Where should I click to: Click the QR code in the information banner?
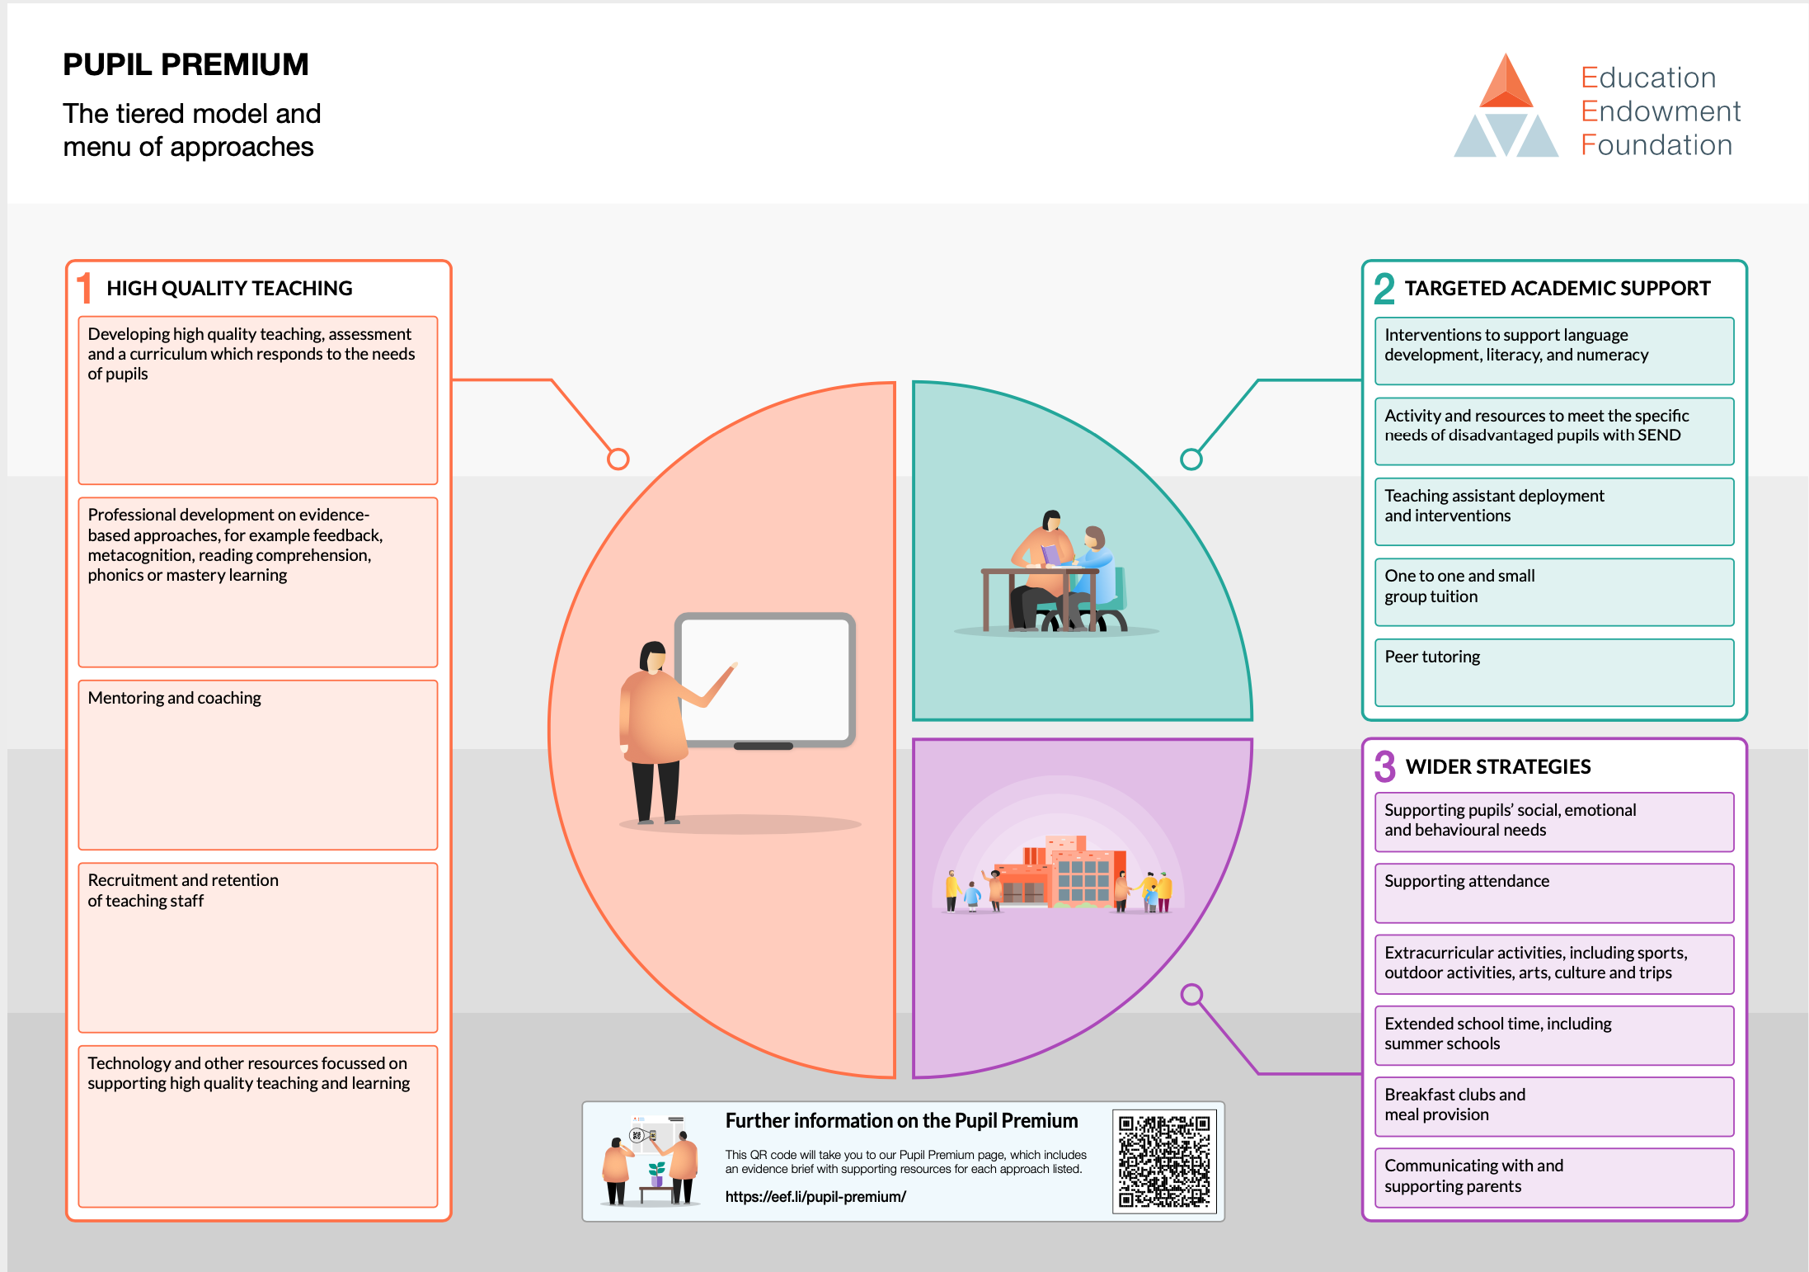1164,1161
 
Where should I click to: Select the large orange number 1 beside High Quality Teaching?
84,289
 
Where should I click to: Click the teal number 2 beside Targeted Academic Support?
1384,289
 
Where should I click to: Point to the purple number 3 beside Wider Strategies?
1385,766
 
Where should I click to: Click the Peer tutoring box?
1554,672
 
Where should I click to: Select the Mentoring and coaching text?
175,698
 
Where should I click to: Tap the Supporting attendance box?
1554,893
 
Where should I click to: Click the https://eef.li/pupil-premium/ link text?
815,1197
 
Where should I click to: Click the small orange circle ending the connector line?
618,459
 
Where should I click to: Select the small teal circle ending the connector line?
1191,459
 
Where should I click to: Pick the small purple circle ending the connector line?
1191,995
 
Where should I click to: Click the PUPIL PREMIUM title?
186,64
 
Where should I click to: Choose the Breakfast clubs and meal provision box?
1554,1106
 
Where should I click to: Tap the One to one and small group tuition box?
1554,592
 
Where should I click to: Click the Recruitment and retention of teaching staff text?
183,891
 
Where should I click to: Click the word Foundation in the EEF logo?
1656,145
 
